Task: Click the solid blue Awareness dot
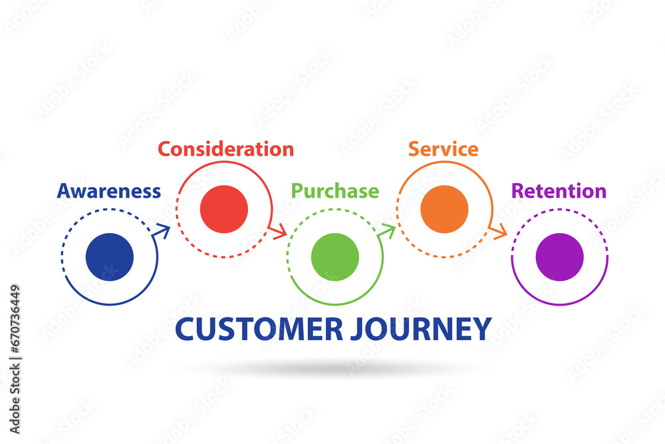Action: click(x=110, y=257)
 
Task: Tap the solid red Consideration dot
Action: click(x=224, y=209)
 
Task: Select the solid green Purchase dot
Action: click(x=335, y=257)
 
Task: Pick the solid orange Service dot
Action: click(x=445, y=209)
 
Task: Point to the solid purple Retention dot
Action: click(x=559, y=257)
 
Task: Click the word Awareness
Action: click(x=109, y=191)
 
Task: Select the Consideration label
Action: click(x=225, y=148)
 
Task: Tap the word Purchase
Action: click(x=335, y=191)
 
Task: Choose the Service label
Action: click(x=443, y=148)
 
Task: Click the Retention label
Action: click(x=559, y=191)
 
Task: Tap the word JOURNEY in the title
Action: click(x=418, y=330)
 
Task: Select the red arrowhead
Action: click(x=279, y=232)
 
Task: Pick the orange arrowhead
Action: click(x=500, y=232)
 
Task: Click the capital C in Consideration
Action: click(x=165, y=148)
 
